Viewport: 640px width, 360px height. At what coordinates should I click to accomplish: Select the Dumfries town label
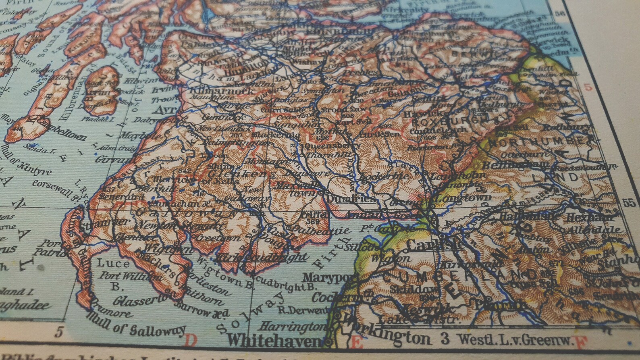[x=351, y=199]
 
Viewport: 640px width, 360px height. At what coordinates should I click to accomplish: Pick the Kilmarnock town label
[x=220, y=92]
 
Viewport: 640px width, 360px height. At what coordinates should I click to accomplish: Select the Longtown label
[x=463, y=198]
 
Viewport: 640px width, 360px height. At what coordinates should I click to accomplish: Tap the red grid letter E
[x=356, y=342]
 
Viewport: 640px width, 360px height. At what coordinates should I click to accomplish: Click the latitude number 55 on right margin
[x=628, y=203]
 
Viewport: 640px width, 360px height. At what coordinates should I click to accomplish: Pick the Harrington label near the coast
[x=291, y=326]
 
